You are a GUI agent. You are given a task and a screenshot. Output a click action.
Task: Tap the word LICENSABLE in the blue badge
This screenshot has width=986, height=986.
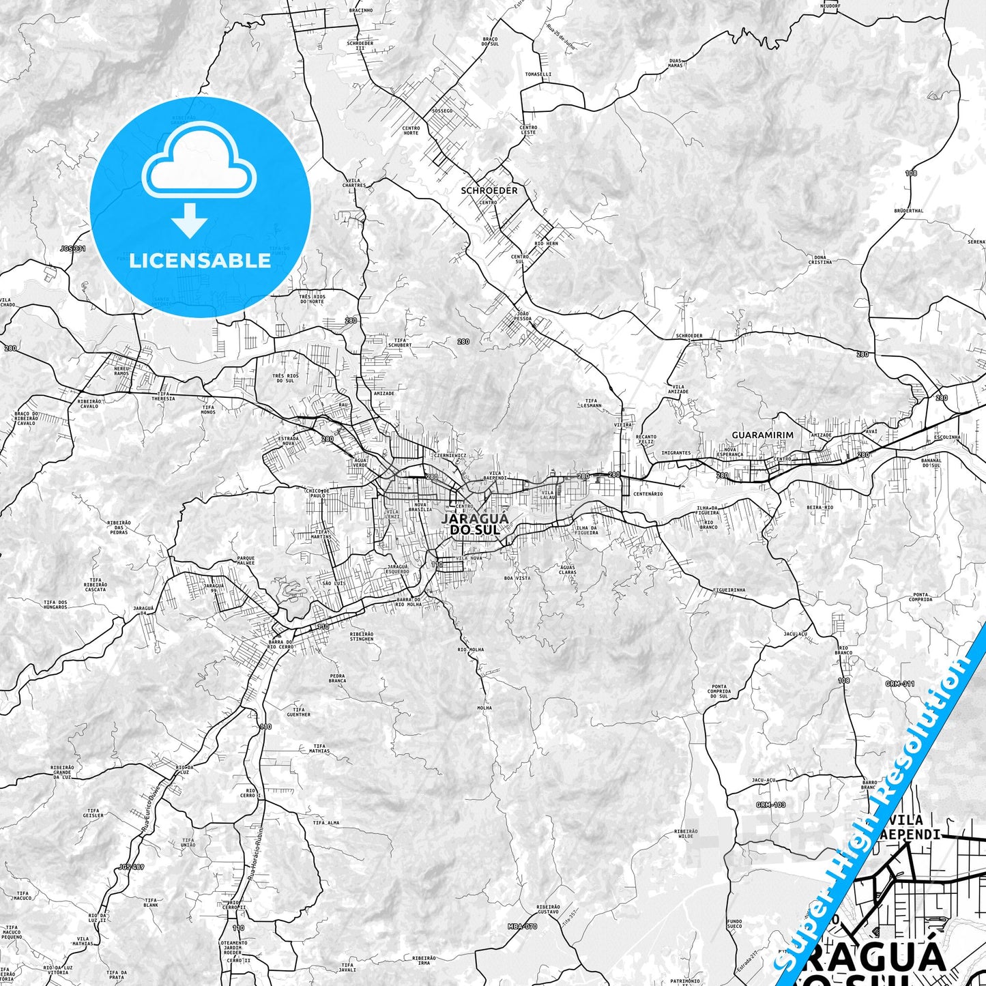click(x=200, y=261)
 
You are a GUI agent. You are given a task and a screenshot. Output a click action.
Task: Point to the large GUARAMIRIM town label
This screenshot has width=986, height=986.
click(x=762, y=435)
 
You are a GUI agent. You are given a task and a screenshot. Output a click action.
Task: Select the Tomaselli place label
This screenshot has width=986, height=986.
click(x=538, y=74)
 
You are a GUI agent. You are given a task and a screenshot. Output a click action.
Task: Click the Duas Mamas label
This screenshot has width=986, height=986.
click(x=675, y=63)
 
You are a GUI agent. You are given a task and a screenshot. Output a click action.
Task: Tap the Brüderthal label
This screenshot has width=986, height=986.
click(x=908, y=211)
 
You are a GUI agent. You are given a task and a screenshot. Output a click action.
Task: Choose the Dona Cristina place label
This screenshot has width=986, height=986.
click(x=820, y=260)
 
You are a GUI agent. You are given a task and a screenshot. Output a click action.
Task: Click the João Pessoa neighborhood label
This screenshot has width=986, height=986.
click(x=523, y=316)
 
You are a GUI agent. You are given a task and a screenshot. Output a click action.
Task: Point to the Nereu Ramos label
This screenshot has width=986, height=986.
click(x=121, y=371)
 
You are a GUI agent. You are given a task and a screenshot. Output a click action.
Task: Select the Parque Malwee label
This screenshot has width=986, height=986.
click(x=246, y=560)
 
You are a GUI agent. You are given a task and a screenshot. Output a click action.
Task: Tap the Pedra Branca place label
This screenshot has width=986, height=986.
click(x=337, y=678)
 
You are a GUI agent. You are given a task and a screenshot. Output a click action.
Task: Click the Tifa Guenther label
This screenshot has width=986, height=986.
click(x=298, y=712)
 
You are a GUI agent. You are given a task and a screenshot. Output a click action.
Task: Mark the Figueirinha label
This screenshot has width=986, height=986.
click(x=728, y=590)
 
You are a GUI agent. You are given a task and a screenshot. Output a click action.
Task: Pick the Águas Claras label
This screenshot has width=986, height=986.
click(x=567, y=570)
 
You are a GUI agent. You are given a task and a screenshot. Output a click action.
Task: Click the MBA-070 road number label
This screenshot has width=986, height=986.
click(x=523, y=926)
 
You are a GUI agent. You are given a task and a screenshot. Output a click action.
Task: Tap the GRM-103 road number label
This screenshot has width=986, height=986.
click(x=770, y=804)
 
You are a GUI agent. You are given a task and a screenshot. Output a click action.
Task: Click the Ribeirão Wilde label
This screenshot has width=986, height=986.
click(x=685, y=833)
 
